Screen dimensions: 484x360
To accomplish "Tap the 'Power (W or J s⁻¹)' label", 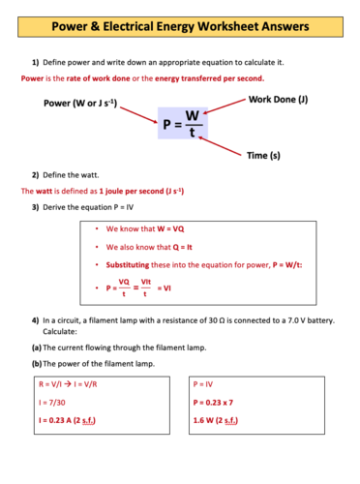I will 80,103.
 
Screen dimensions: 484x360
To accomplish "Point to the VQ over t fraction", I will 124,287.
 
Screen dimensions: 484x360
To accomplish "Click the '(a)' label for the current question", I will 36,347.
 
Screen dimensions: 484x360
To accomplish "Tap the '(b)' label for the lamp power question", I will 36,363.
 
